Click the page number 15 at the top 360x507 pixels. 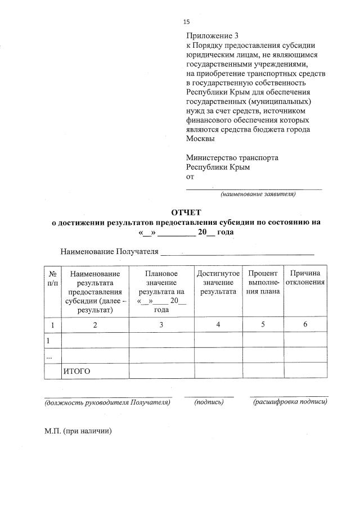pyautogui.click(x=187, y=22)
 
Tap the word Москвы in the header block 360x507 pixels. pyautogui.click(x=200, y=138)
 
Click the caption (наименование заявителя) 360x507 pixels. pyautogui.click(x=258, y=194)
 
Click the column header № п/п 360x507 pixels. pyautogui.click(x=52, y=278)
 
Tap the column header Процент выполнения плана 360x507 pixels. pyautogui.click(x=262, y=282)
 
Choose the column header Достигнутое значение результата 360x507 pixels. pyautogui.click(x=218, y=282)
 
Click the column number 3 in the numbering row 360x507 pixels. pyautogui.click(x=161, y=325)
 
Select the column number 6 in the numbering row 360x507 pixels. pyautogui.click(x=305, y=325)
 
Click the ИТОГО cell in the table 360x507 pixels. pyautogui.click(x=76, y=371)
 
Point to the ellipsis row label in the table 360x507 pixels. pyautogui.click(x=49, y=356)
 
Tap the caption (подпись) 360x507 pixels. pyautogui.click(x=209, y=402)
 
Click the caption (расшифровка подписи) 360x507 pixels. pyautogui.click(x=290, y=402)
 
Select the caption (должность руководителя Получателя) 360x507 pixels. pyautogui.click(x=107, y=402)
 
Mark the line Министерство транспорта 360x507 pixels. pyautogui.click(x=232, y=158)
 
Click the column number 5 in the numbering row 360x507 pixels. pyautogui.click(x=262, y=325)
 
